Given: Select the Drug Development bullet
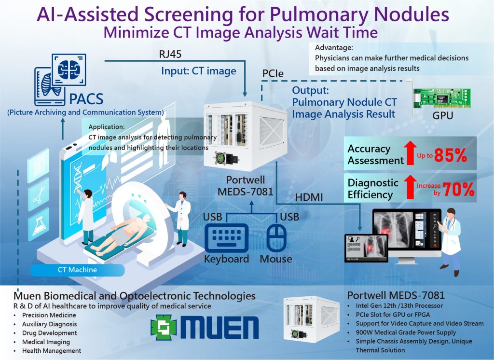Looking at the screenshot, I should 50,333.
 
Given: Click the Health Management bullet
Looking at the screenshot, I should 52,351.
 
